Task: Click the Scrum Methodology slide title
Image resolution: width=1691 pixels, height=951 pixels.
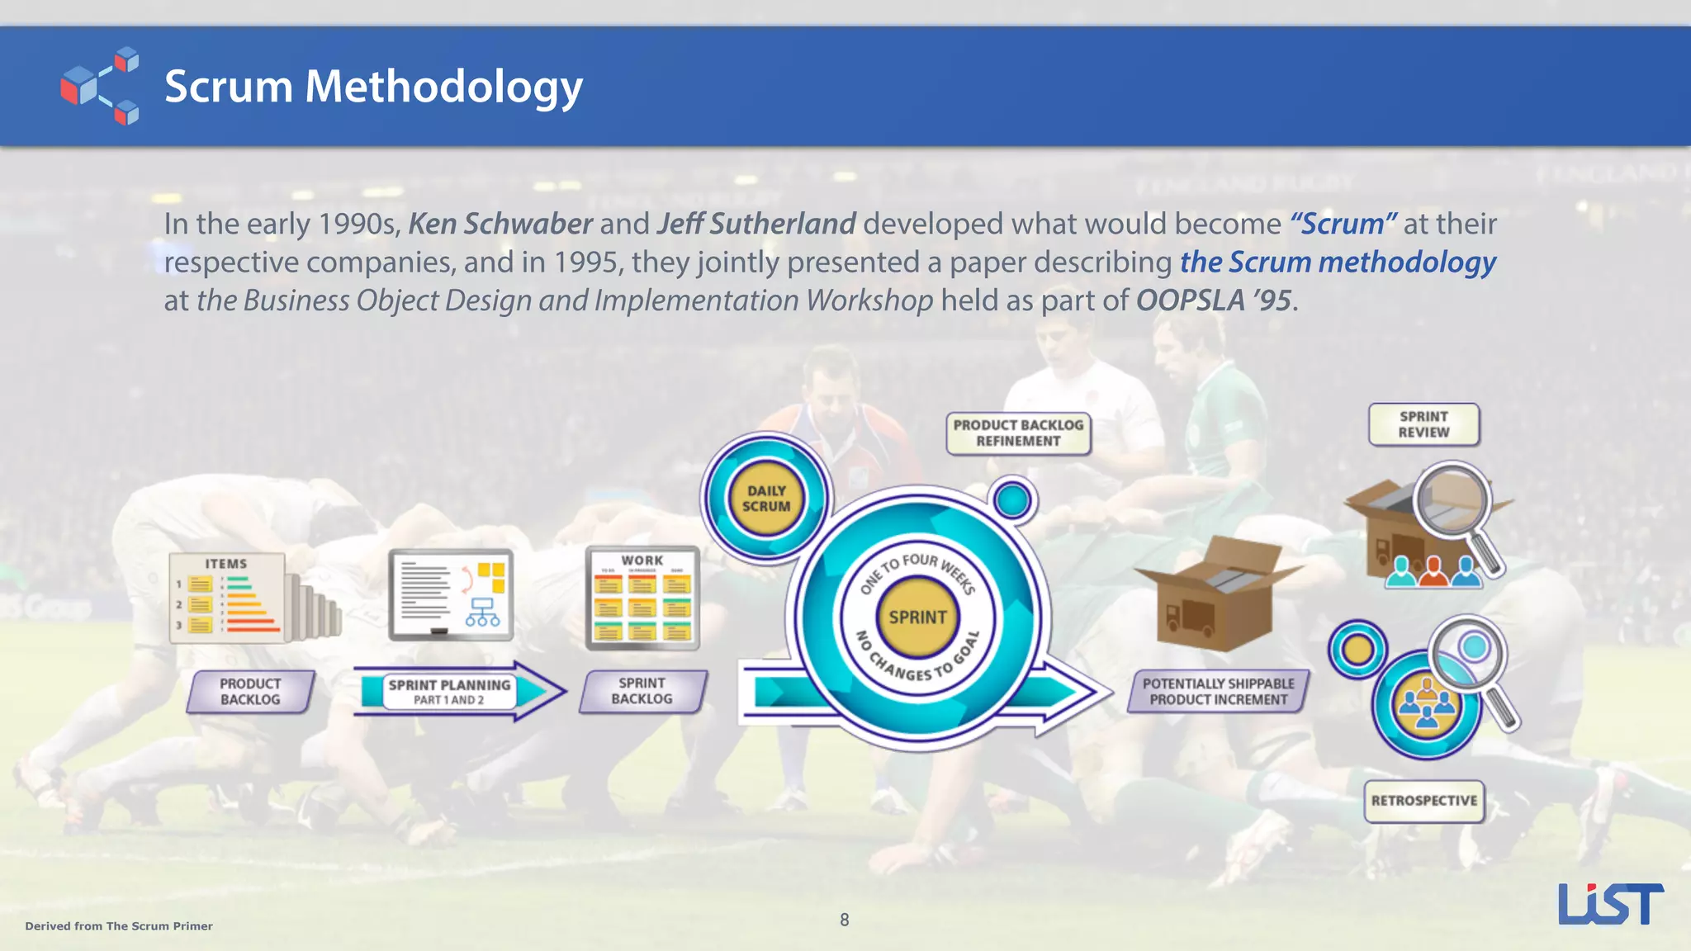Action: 373,87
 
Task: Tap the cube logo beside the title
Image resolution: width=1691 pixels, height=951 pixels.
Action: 100,86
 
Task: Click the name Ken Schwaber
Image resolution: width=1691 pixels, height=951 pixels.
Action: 500,224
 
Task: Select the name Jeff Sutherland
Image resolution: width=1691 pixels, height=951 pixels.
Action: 756,224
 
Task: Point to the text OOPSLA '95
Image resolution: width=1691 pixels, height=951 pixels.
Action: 1213,300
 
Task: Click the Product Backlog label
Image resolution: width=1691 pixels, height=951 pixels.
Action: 250,692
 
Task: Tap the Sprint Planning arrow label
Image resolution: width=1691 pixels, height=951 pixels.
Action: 449,692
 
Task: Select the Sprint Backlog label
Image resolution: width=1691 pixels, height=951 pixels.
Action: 642,692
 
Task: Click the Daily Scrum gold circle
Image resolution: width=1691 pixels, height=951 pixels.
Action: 766,499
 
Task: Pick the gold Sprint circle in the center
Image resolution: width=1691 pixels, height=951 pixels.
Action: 917,617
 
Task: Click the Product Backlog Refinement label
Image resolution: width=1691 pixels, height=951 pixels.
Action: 1018,433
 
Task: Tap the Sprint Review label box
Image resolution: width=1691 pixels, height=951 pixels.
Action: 1423,424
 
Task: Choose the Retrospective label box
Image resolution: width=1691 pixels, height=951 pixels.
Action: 1424,801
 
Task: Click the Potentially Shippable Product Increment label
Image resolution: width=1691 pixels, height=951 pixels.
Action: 1218,692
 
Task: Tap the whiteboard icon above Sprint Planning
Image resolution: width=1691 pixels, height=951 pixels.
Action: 451,595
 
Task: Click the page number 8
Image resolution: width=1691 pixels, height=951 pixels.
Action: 844,920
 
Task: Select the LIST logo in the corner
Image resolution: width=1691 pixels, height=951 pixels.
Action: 1610,904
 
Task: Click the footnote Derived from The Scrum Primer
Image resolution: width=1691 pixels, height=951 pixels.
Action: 119,926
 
